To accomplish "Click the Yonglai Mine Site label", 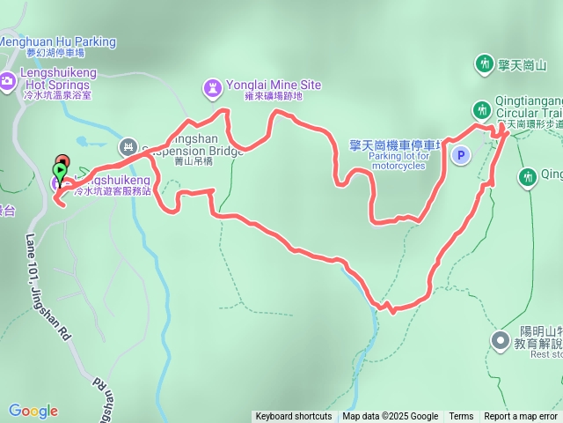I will (274, 85).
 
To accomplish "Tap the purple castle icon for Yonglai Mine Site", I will (212, 87).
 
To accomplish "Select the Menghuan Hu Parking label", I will (57, 41).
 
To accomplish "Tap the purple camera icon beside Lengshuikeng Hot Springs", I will (7, 81).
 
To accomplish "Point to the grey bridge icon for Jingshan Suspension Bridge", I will (128, 146).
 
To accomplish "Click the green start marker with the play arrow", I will (60, 170).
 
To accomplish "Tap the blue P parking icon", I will (460, 155).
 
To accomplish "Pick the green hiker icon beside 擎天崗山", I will (484, 63).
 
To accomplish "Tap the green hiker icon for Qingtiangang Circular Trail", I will (481, 109).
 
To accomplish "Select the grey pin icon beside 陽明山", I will (500, 339).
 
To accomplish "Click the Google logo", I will (33, 411).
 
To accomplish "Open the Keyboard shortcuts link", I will (294, 417).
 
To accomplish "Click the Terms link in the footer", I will (461, 417).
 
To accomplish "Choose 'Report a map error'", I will (521, 417).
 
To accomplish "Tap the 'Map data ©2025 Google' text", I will (390, 417).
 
